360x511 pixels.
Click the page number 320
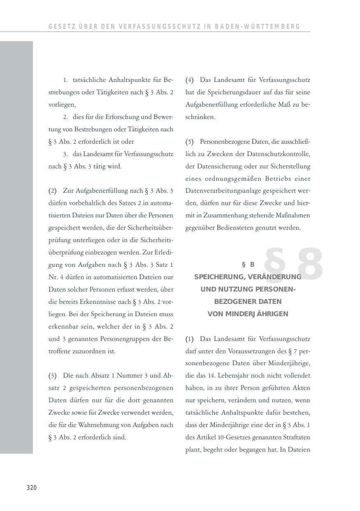(32, 488)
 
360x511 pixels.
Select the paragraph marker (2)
(52, 191)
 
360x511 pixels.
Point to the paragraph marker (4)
(189, 80)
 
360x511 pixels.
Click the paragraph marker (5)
(189, 142)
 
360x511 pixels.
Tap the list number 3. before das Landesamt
(65, 154)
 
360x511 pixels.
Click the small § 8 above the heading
(248, 264)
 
